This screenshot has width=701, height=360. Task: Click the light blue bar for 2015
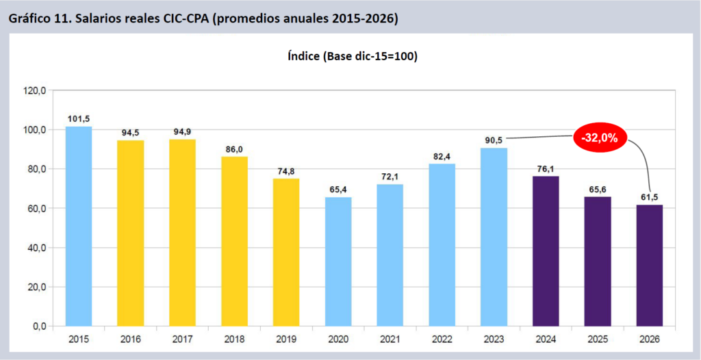coord(79,226)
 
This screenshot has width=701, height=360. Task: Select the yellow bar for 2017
coord(183,233)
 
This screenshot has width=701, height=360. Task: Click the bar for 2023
coord(494,237)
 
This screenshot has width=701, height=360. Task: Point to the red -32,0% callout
coord(599,138)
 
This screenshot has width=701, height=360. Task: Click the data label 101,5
coord(79,118)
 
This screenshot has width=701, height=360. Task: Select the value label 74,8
coord(287,170)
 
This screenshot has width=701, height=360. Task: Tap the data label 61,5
coord(650,197)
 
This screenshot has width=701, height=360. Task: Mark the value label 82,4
coord(442,156)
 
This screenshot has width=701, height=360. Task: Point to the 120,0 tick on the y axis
coord(34,90)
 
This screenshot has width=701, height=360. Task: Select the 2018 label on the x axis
coord(234,339)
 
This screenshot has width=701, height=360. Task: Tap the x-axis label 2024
coord(546,339)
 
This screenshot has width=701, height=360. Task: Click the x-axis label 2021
coord(390,339)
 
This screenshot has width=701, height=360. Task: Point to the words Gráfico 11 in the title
coord(38,18)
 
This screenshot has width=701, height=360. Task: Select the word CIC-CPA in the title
coord(184,18)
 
